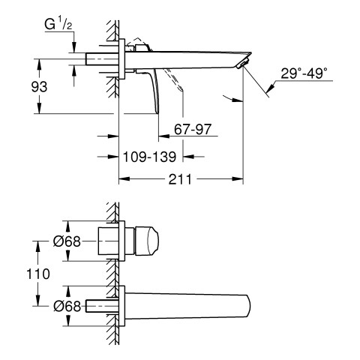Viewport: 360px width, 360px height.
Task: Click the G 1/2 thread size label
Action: pos(58,25)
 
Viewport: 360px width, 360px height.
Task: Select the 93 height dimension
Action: pos(39,87)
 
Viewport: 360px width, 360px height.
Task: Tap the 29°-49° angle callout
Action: pos(304,73)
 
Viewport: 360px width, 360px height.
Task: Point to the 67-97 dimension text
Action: pos(193,129)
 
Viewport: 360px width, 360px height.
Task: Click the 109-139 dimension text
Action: pos(149,157)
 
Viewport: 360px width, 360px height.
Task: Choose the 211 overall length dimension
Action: pos(180,179)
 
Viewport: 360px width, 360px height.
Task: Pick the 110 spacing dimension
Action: pos(38,274)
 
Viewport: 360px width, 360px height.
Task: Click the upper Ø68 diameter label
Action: pos(67,241)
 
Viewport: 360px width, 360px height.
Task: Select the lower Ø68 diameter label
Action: pos(67,306)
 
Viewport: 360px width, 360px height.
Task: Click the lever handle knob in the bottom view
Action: pos(147,241)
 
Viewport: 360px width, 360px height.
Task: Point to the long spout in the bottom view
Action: pos(187,306)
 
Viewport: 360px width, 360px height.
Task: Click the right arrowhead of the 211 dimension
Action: pos(238,179)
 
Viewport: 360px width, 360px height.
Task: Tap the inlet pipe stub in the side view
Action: pos(102,59)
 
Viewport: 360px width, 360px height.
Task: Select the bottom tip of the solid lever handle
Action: pos(157,113)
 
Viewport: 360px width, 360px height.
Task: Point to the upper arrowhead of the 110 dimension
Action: pos(38,247)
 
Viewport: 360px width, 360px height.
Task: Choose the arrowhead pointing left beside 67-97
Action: pos(164,136)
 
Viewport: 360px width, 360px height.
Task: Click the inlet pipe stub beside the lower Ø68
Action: pos(102,306)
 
